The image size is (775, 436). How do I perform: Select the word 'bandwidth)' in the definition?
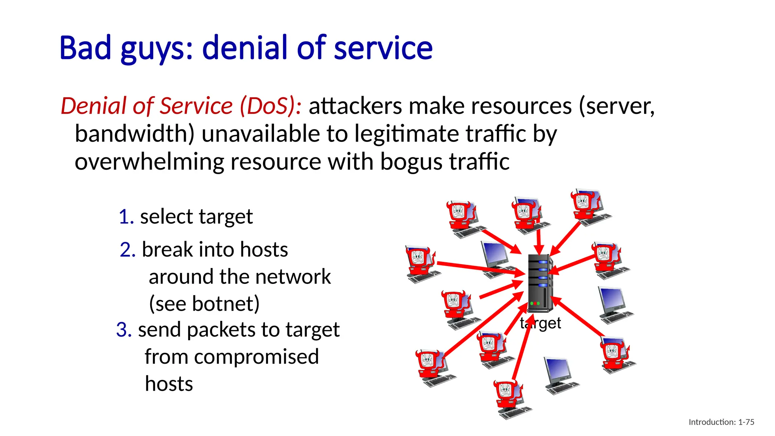(134, 134)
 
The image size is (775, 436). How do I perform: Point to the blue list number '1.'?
(126, 217)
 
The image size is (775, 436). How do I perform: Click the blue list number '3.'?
(124, 330)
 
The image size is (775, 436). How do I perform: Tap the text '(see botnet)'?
(204, 304)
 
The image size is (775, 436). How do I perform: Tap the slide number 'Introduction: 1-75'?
(721, 422)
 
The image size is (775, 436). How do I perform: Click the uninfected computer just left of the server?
(496, 258)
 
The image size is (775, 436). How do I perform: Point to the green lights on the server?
(535, 304)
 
